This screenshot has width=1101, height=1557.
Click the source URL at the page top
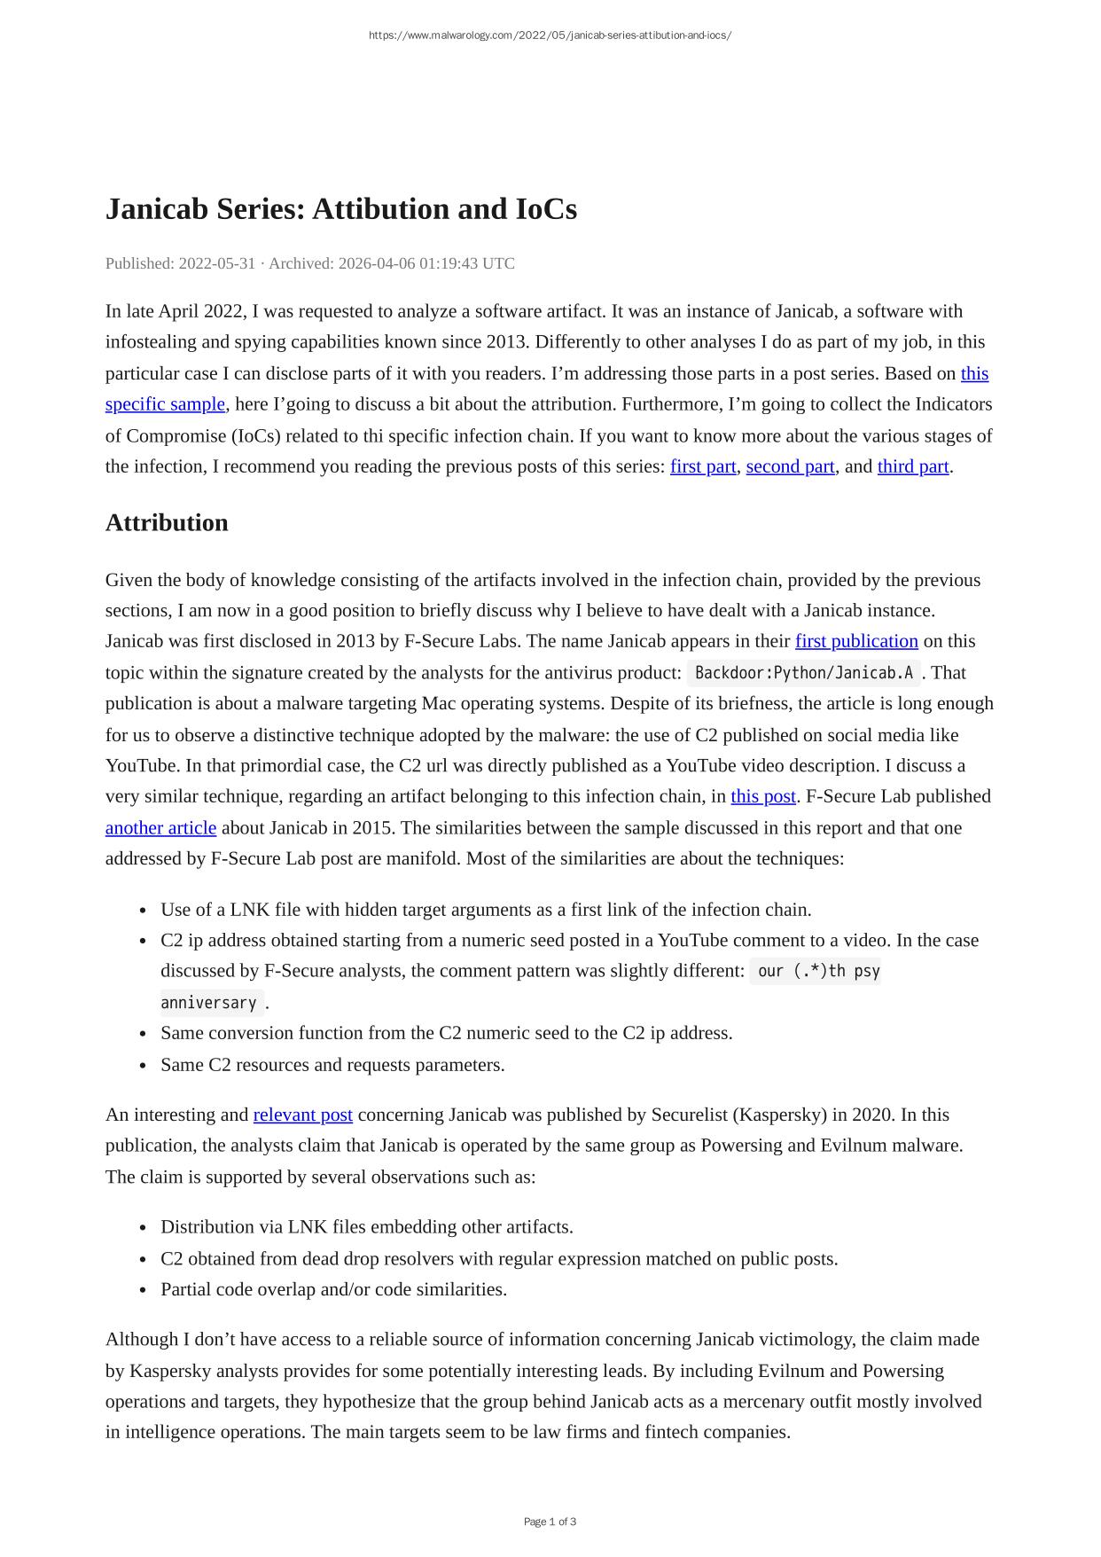point(550,35)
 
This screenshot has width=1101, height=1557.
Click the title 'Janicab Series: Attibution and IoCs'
point(341,209)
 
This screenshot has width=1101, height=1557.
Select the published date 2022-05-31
point(217,263)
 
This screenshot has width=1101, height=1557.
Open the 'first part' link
point(703,466)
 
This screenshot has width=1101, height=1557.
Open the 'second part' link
point(790,466)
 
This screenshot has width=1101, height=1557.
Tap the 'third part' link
point(913,466)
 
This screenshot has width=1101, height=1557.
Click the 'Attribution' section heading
point(167,523)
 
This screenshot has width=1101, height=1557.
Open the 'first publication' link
point(856,641)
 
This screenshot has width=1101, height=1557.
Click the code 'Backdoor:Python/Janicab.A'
point(804,673)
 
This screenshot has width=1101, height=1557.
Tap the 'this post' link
point(763,796)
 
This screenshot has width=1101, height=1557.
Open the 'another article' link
point(160,828)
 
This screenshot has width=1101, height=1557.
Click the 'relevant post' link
point(302,1115)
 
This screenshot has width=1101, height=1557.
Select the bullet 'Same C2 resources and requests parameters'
point(332,1065)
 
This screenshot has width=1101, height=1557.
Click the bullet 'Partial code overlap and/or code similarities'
point(333,1289)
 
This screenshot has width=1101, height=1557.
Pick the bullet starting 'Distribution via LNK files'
point(366,1227)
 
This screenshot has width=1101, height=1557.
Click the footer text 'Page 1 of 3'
point(550,1522)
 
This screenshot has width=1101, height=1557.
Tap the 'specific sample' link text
point(165,404)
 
